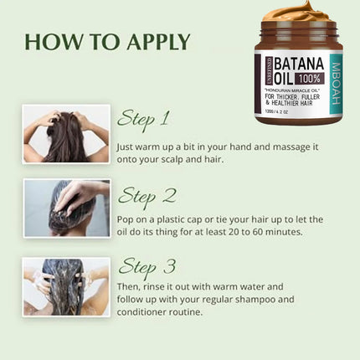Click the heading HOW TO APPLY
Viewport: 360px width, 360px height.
[107, 42]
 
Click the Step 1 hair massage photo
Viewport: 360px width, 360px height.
[66, 133]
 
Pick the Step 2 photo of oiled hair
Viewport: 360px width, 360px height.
[66, 208]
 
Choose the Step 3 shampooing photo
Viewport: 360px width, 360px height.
[66, 286]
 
